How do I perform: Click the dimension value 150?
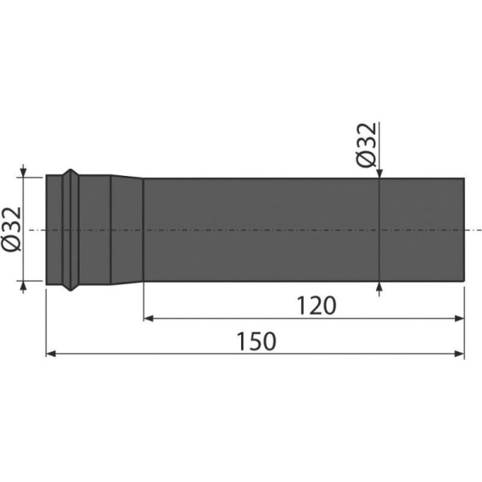click(256, 341)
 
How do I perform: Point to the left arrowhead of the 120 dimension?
click(149, 319)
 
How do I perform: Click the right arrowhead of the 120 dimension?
click(460, 319)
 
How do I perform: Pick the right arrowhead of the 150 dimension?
click(460, 353)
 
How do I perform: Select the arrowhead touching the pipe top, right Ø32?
click(378, 173)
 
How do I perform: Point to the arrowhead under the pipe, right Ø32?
click(378, 287)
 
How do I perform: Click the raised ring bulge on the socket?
click(71, 230)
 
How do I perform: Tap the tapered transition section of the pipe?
click(127, 230)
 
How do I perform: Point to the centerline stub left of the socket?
click(36, 230)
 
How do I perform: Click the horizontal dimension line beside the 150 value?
click(161, 353)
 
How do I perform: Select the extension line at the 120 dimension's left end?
click(143, 301)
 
